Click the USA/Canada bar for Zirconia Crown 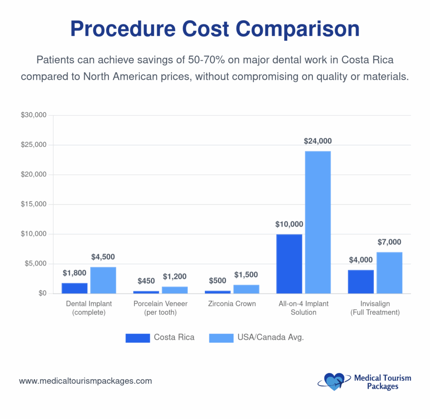click(246, 289)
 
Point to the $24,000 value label click(318, 142)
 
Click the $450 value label click(146, 281)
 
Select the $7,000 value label click(389, 242)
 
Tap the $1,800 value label click(74, 273)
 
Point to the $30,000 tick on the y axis click(33, 115)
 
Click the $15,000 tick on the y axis click(33, 205)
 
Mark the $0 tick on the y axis click(40, 294)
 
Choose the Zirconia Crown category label click(232, 304)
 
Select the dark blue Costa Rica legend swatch click(137, 338)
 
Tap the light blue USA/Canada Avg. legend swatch click(221, 338)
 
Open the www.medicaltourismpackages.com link click(85, 381)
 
